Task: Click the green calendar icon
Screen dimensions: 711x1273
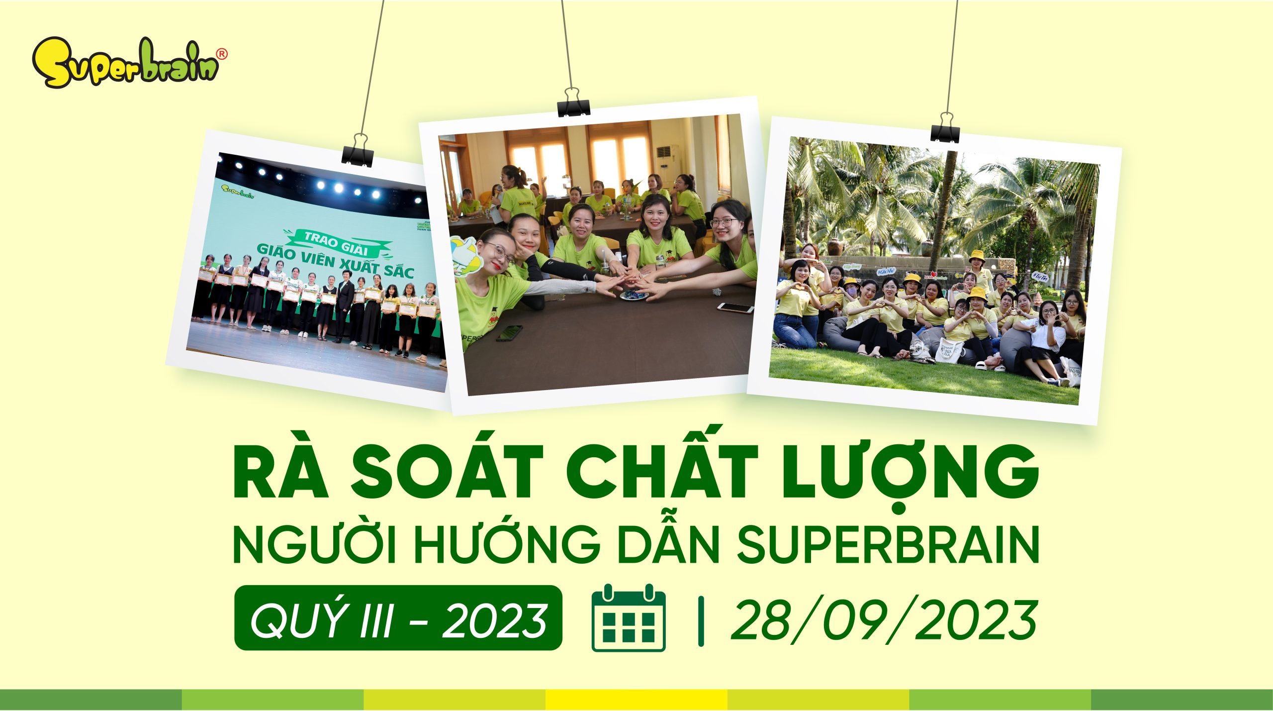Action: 629,618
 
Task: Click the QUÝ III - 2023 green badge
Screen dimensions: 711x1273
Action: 398,618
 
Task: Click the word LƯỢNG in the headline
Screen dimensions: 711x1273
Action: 910,470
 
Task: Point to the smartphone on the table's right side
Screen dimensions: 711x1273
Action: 735,308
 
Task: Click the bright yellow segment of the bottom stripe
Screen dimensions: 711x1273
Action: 636,699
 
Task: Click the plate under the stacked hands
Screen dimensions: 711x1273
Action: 634,296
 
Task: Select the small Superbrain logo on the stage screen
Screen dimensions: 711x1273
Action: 237,192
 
